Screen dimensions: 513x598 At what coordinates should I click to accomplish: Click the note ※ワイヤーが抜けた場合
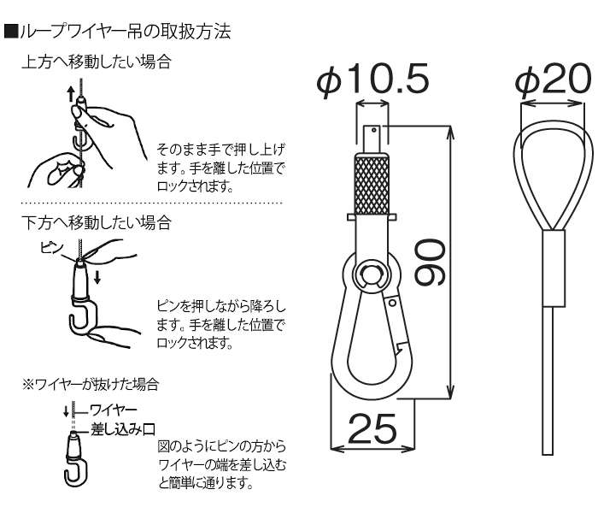90,383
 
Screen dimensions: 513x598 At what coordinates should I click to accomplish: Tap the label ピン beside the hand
52,246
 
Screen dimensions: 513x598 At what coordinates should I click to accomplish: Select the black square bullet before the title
10,33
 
